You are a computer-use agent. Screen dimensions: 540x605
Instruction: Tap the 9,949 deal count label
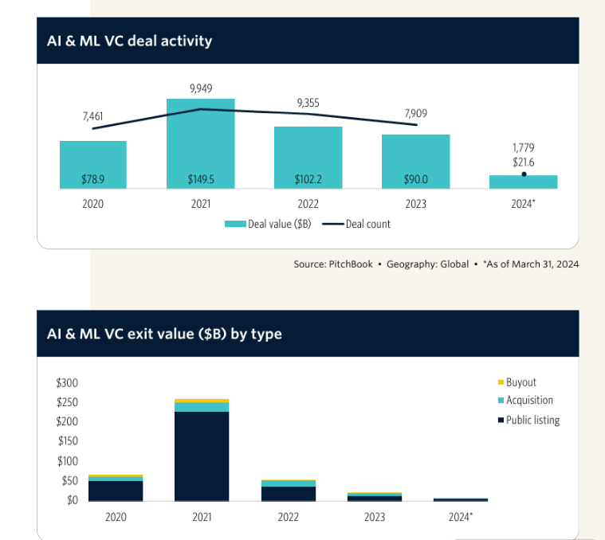[x=201, y=88]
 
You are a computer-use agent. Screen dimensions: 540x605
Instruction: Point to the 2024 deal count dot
[x=524, y=174]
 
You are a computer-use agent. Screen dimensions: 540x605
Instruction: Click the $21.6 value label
[x=524, y=162]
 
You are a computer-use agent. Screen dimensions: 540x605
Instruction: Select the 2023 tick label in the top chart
[x=416, y=204]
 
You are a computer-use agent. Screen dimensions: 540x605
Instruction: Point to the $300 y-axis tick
[x=67, y=382]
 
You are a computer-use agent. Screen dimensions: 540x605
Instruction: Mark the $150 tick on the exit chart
[x=67, y=441]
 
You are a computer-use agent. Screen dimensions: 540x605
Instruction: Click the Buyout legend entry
[x=521, y=382]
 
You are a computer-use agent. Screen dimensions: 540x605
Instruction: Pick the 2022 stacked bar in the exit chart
[x=289, y=491]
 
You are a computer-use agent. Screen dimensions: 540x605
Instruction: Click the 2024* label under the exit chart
[x=459, y=517]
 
